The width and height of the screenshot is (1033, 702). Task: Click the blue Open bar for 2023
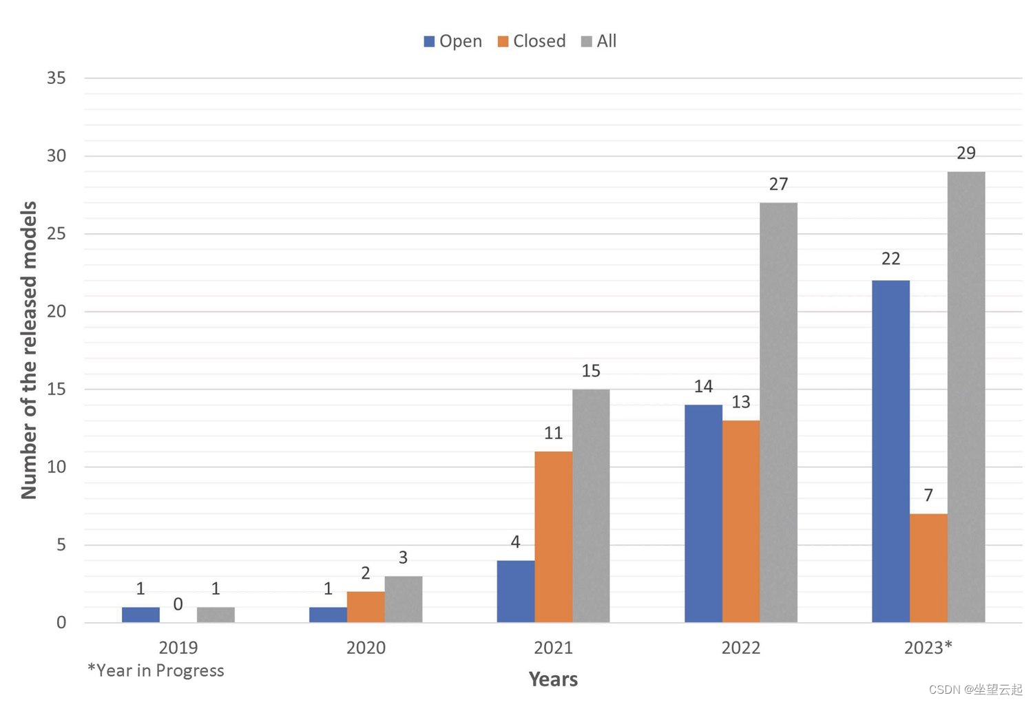[x=890, y=451]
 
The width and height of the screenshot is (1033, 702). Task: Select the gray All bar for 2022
[x=778, y=413]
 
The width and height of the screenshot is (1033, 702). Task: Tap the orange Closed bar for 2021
[x=553, y=537]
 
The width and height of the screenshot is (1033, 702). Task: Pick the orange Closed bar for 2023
[x=928, y=568]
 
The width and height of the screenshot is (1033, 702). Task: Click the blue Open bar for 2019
[x=140, y=615]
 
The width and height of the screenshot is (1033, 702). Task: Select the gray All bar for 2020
[x=403, y=599]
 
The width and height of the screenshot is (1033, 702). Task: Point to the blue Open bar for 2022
[x=703, y=513]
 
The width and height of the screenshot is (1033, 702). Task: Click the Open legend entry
[x=453, y=41]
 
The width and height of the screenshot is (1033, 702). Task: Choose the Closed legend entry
[x=532, y=41]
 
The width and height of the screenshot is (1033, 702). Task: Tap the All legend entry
[x=599, y=41]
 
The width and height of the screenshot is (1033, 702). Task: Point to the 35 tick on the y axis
[x=56, y=78]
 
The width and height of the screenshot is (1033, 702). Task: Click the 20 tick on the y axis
[x=56, y=311]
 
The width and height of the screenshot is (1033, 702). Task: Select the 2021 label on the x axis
[x=553, y=648]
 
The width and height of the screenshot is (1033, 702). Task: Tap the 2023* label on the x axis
[x=928, y=648]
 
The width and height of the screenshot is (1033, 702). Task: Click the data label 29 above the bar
[x=966, y=153]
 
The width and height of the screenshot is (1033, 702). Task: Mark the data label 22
[x=890, y=259]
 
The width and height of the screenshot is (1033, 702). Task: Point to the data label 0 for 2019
[x=178, y=604]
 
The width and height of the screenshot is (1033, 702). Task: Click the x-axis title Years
[x=553, y=679]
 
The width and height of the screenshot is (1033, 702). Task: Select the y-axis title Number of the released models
[x=29, y=350]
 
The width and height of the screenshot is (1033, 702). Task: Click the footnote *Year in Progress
[x=156, y=670]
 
